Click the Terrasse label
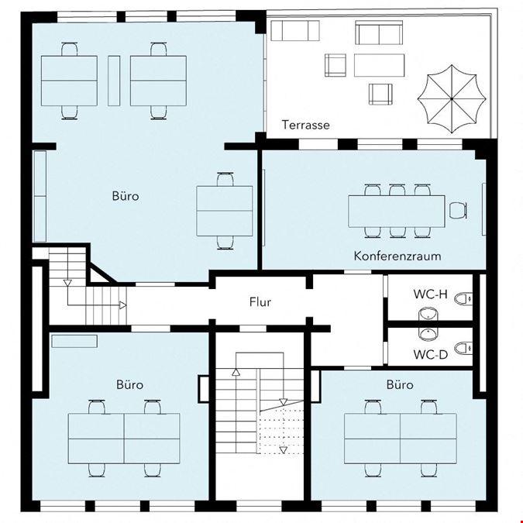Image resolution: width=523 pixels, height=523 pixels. point(305,125)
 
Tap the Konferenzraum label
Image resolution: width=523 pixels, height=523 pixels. point(397,256)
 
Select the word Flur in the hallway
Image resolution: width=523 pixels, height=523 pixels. point(260,302)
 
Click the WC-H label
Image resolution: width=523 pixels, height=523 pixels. point(430,294)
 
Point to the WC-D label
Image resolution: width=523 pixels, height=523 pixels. point(430,354)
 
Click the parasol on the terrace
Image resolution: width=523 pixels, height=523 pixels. point(452,99)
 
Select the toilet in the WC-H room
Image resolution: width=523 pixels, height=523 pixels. point(463,298)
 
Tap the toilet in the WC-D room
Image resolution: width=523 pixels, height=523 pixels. point(463,348)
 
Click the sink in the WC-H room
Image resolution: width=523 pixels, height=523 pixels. point(428,315)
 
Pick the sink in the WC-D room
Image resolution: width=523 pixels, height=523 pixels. point(428,333)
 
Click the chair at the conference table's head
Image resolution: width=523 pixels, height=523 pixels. point(457,211)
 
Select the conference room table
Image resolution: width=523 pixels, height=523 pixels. point(397,211)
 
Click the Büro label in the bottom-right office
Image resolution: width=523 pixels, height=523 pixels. point(400,384)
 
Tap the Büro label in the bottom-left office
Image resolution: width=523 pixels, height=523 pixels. point(129,384)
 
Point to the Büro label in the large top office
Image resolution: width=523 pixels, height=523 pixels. point(126,196)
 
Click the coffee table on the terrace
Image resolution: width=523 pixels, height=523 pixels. point(379,65)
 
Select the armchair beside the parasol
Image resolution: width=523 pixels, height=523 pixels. point(380,94)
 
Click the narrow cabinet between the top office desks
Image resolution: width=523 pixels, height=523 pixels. point(114,81)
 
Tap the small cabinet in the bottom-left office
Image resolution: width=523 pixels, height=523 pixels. point(74,341)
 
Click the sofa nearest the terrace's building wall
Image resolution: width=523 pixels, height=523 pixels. point(295,31)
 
